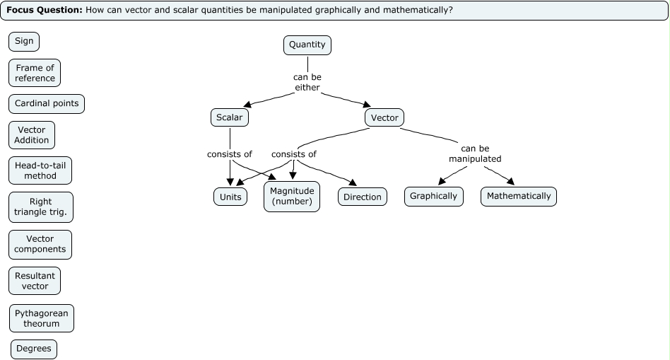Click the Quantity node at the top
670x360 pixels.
coord(307,45)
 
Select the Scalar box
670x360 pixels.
coord(230,117)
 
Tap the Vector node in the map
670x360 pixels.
coord(384,117)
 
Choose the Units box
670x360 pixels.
coord(230,197)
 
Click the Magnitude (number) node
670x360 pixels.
coord(292,197)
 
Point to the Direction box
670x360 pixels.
coord(363,197)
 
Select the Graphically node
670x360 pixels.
coord(434,196)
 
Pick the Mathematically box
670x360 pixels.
coord(519,196)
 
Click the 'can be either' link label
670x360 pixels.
coord(307,82)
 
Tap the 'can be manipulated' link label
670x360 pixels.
coord(475,153)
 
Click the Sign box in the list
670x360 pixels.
coord(24,41)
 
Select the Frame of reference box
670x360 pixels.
coord(35,73)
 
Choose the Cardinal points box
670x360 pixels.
coord(47,104)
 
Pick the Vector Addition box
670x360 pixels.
coord(32,135)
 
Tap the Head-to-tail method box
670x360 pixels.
coord(40,170)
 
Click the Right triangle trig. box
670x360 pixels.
coord(41,207)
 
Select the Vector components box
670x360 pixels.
coord(40,244)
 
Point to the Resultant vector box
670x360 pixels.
coord(35,281)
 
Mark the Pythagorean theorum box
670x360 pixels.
coord(41,318)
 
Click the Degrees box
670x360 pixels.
coord(34,349)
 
